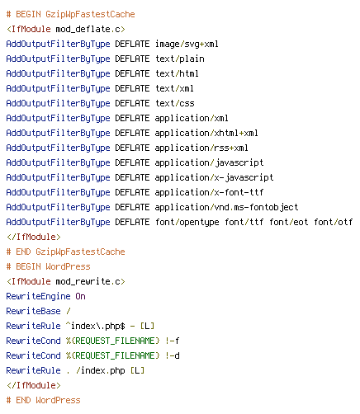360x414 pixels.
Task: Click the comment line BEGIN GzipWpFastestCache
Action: (71, 14)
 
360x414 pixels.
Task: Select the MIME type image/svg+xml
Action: (187, 44)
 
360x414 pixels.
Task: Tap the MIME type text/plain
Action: (180, 59)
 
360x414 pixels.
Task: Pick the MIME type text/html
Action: (177, 73)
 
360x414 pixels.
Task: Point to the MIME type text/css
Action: (175, 103)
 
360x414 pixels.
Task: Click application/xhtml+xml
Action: (206, 133)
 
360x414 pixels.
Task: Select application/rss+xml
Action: (201, 148)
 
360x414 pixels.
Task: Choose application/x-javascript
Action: (214, 177)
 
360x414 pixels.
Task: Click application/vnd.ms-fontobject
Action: (226, 207)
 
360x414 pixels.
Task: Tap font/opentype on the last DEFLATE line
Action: (187, 222)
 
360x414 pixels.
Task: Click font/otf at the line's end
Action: (334, 222)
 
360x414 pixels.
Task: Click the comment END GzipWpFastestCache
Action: (66, 252)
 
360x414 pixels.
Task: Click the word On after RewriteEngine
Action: (80, 296)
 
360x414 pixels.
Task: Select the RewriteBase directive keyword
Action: (33, 311)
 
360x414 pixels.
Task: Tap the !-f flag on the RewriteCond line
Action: (173, 341)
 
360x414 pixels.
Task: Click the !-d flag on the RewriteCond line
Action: (173, 355)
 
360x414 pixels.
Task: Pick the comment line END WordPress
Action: (44, 400)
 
